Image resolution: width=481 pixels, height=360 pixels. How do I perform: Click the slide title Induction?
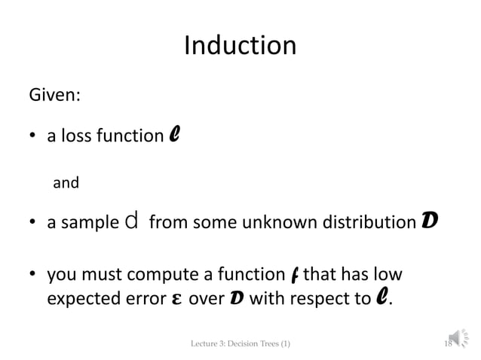[240, 47]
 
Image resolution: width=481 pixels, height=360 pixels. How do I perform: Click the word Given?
[54, 97]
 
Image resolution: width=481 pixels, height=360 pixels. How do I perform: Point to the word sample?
[92, 224]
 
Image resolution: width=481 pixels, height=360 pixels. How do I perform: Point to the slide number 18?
[447, 344]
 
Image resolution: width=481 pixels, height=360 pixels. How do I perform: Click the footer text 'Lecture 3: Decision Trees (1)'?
[240, 344]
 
